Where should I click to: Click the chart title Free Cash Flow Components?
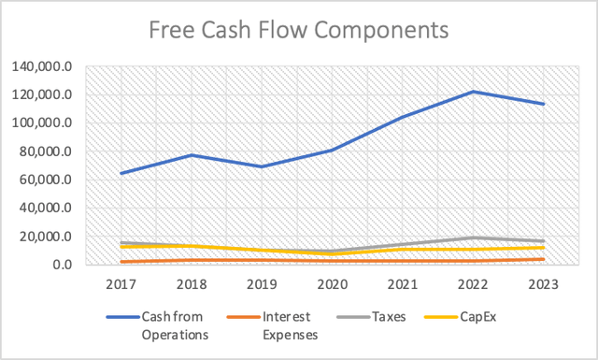pyautogui.click(x=299, y=30)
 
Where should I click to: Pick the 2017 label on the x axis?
pyautogui.click(x=121, y=282)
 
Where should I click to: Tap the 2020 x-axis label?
pyautogui.click(x=332, y=282)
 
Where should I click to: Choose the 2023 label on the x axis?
pyautogui.click(x=543, y=282)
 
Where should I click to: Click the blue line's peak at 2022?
pyautogui.click(x=473, y=92)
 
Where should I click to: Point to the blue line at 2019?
pyautogui.click(x=262, y=166)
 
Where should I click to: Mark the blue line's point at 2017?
pyautogui.click(x=121, y=173)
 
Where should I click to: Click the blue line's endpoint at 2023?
pyautogui.click(x=543, y=104)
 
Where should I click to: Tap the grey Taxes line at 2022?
pyautogui.click(x=473, y=238)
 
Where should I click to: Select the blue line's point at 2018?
pyautogui.click(x=192, y=155)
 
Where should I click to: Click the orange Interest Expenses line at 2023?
pyautogui.click(x=543, y=259)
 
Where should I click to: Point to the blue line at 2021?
pyautogui.click(x=403, y=117)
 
